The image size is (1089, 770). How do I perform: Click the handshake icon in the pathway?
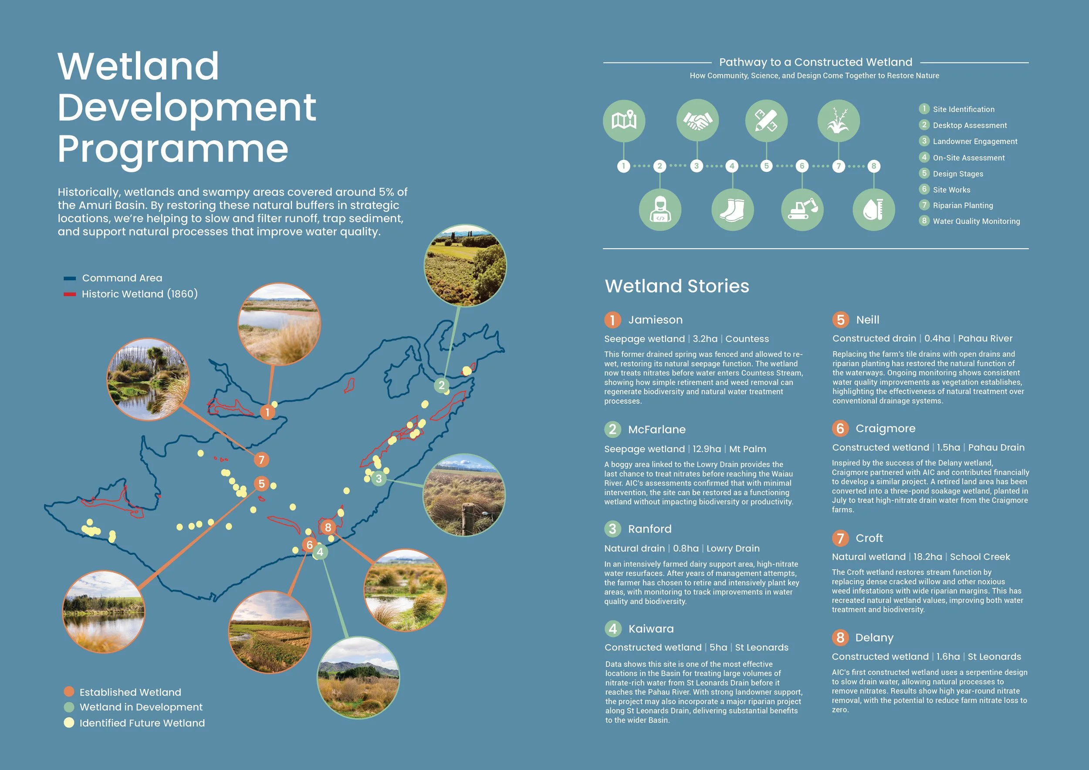697,121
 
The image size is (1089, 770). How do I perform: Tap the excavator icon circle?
802,209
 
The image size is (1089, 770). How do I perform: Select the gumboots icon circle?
732,209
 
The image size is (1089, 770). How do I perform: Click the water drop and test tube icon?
873,209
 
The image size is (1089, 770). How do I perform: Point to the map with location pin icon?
624,121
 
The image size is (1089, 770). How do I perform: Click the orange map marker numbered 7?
261,459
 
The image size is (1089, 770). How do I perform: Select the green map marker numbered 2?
442,385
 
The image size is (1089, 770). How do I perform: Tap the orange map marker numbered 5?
261,483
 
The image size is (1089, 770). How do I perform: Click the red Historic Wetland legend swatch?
70,294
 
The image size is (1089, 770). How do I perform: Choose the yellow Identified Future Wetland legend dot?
69,723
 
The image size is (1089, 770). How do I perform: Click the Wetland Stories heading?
677,286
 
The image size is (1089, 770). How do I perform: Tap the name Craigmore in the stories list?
885,429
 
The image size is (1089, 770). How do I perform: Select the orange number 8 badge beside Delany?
840,638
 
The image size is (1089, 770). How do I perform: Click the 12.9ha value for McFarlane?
706,449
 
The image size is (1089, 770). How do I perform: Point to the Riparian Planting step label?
962,205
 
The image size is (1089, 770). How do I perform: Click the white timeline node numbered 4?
732,166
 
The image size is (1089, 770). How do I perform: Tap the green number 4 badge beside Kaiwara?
613,629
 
